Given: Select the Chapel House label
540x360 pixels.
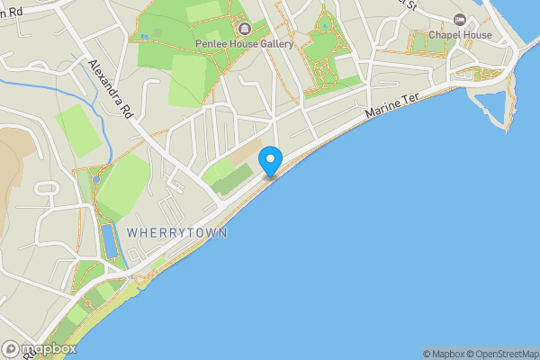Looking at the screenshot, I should pos(460,34).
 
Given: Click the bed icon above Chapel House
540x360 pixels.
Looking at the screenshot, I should pos(461,20).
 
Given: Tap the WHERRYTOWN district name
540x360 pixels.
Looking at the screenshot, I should pos(177,232).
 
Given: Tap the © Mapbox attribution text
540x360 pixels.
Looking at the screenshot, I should pos(442,354).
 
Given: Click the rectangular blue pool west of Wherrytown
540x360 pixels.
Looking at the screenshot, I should pos(109,242).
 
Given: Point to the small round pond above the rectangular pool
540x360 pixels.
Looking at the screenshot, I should pos(96,179).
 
